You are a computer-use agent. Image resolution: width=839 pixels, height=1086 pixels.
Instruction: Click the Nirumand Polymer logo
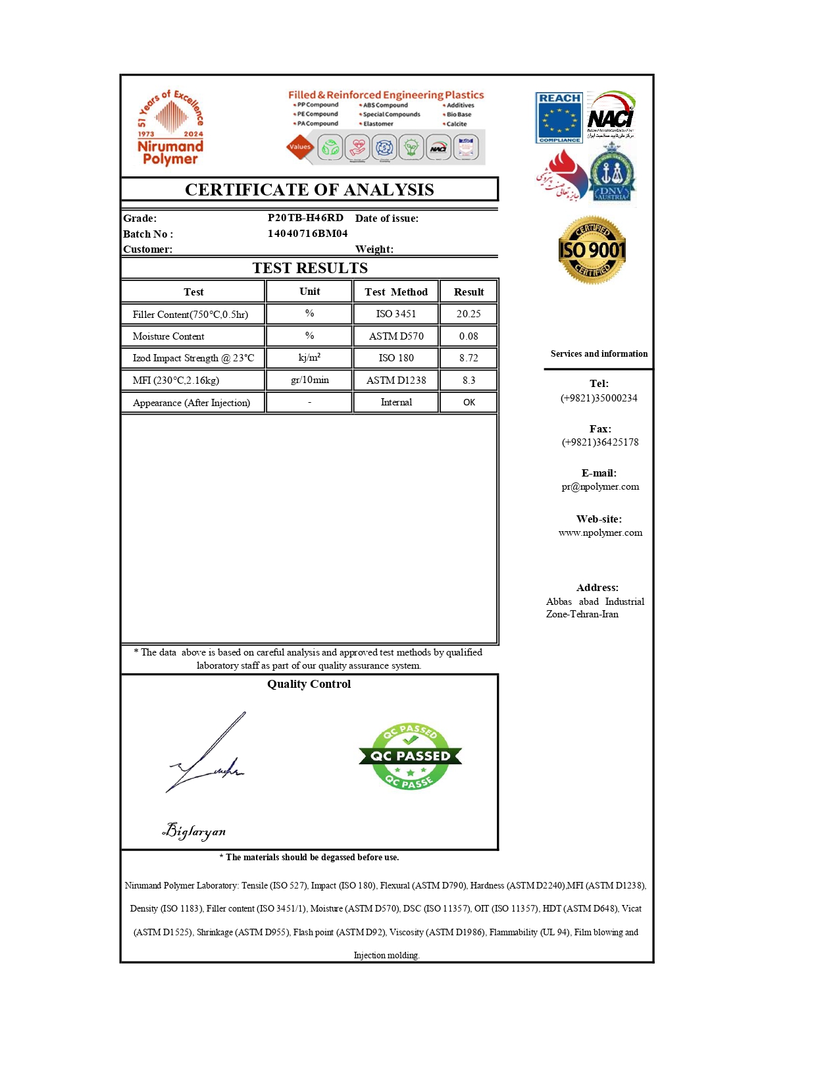point(170,129)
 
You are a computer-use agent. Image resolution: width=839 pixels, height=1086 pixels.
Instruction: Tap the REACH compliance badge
point(559,118)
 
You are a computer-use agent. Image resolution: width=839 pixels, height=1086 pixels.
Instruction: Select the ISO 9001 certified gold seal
point(592,250)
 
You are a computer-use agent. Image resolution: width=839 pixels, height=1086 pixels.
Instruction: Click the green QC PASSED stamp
point(410,756)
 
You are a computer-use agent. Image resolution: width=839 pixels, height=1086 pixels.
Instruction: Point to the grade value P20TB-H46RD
point(305,218)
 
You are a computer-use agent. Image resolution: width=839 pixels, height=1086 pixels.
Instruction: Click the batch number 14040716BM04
point(307,234)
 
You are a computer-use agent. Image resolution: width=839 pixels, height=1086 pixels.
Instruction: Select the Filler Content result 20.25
point(469,314)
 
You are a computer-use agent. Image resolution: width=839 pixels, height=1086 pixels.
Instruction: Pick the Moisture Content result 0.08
point(469,336)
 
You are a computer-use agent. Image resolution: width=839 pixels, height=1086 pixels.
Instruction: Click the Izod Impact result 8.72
point(469,358)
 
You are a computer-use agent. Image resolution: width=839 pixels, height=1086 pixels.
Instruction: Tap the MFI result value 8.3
point(469,380)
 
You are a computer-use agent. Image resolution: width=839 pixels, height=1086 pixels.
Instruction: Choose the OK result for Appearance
point(469,402)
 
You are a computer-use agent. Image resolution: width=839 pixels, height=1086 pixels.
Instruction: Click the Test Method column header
point(396,292)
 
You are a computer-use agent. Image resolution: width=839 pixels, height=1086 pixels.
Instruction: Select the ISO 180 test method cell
point(396,358)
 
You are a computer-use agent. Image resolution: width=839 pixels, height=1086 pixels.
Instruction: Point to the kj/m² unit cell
point(309,358)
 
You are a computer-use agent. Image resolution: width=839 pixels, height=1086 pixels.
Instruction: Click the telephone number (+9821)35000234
point(599,398)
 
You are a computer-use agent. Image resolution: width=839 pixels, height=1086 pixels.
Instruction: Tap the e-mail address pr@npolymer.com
point(600,487)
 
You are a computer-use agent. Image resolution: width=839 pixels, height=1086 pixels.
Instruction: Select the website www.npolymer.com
point(600,533)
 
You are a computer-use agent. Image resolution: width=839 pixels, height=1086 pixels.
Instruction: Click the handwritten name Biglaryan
point(194,831)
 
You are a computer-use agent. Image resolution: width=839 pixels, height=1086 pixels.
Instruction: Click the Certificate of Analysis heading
point(309,190)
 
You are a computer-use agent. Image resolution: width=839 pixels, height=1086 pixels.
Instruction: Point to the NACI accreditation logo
point(611,115)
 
